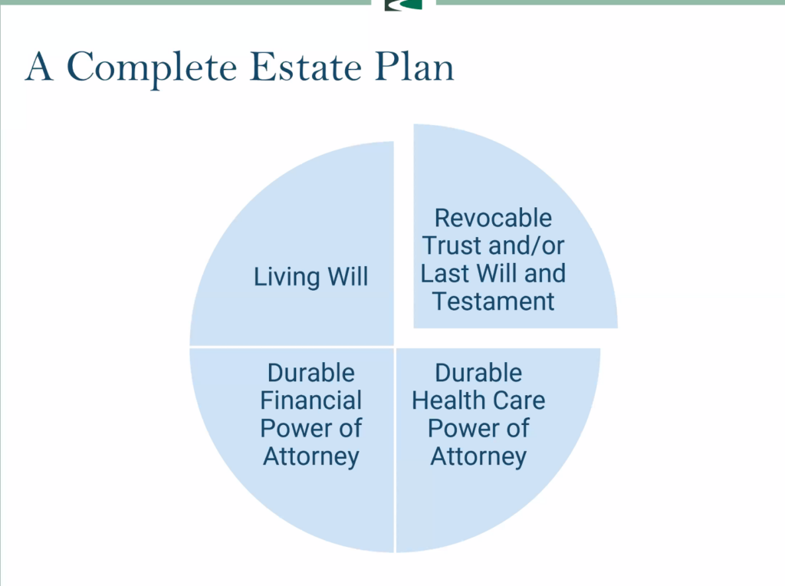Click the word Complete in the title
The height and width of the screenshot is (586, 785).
pos(152,68)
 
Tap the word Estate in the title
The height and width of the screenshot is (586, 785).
pos(305,66)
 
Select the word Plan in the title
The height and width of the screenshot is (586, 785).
pos(415,66)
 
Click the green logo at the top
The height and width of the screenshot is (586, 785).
pos(403,5)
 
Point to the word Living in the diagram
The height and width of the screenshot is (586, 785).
pos(287,277)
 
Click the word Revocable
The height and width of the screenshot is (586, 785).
pos(493,218)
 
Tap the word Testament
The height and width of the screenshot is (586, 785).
pos(493,301)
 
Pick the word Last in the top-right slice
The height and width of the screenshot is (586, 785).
pos(445,274)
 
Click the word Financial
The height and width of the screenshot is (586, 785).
pos(311,400)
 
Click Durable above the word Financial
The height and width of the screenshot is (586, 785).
pos(311,373)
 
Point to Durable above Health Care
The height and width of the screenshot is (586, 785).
pos(478,373)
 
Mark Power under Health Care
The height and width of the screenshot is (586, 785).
pos(461,428)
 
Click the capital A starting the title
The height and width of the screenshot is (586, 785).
pos(39,66)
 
